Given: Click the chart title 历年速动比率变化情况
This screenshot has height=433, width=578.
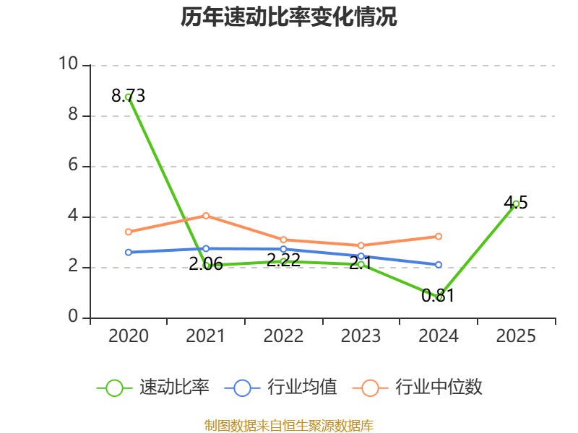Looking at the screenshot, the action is point(288,17).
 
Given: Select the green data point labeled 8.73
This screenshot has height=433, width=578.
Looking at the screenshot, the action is point(129,97).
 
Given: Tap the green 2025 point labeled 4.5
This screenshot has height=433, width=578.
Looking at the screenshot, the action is point(516,204).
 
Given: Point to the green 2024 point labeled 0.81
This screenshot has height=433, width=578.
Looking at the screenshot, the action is point(439,297).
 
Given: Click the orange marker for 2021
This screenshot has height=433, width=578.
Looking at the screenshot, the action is point(206,215).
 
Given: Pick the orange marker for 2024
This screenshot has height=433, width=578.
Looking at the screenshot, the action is point(439,237).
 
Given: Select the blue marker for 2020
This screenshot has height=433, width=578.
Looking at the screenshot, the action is point(129,252).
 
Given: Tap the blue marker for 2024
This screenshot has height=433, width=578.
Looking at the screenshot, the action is point(439,265).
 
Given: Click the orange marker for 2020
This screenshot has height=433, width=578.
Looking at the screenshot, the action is point(129,232).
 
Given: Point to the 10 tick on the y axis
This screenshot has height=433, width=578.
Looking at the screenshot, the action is point(69,64).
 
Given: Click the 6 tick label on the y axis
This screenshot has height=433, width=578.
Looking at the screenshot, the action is point(73,165).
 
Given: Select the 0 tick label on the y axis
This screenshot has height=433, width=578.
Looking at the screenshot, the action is point(73,317).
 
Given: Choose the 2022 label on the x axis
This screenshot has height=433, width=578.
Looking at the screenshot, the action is point(283,336).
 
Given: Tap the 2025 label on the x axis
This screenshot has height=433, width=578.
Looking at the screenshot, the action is point(516,336).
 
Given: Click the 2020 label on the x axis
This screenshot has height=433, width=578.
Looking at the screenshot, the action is point(129,336).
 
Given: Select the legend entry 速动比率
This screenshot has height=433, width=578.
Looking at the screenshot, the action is point(153,388).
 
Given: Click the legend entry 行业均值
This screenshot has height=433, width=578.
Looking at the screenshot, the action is point(281,388).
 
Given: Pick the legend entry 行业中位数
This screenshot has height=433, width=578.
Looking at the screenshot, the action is point(418,388).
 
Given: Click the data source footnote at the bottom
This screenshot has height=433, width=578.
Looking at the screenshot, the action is point(289,426).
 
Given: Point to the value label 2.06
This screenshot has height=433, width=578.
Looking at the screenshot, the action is point(206,264).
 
